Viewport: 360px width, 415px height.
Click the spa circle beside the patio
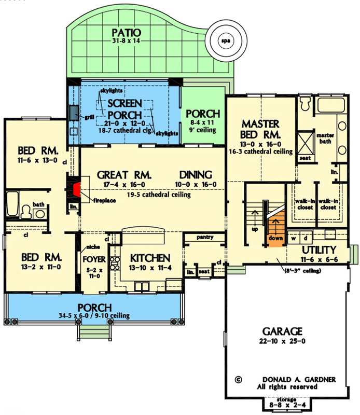click(x=225, y=40)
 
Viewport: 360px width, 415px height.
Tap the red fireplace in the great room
click(x=76, y=188)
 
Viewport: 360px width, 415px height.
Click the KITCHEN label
click(x=150, y=258)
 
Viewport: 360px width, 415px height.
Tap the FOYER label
click(x=94, y=258)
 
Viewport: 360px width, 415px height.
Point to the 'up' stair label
click(x=254, y=228)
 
